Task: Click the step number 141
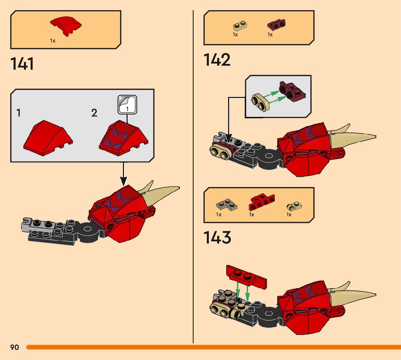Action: pyautogui.click(x=22, y=64)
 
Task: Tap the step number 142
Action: pyautogui.click(x=217, y=60)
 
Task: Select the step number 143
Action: pyautogui.click(x=217, y=238)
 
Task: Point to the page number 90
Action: pyautogui.click(x=15, y=347)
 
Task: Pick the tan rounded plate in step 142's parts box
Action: pyautogui.click(x=240, y=26)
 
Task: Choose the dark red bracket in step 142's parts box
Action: pyautogui.click(x=276, y=25)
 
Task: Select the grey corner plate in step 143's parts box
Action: pyautogui.click(x=227, y=205)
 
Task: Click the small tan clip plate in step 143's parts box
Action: pyautogui.click(x=295, y=206)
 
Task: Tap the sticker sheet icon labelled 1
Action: pyautogui.click(x=127, y=104)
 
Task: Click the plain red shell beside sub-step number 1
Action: pyautogui.click(x=47, y=139)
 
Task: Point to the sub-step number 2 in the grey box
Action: pyautogui.click(x=94, y=113)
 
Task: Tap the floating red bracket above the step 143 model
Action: pyautogui.click(x=246, y=276)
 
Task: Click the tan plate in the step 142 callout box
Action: pyautogui.click(x=261, y=102)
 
